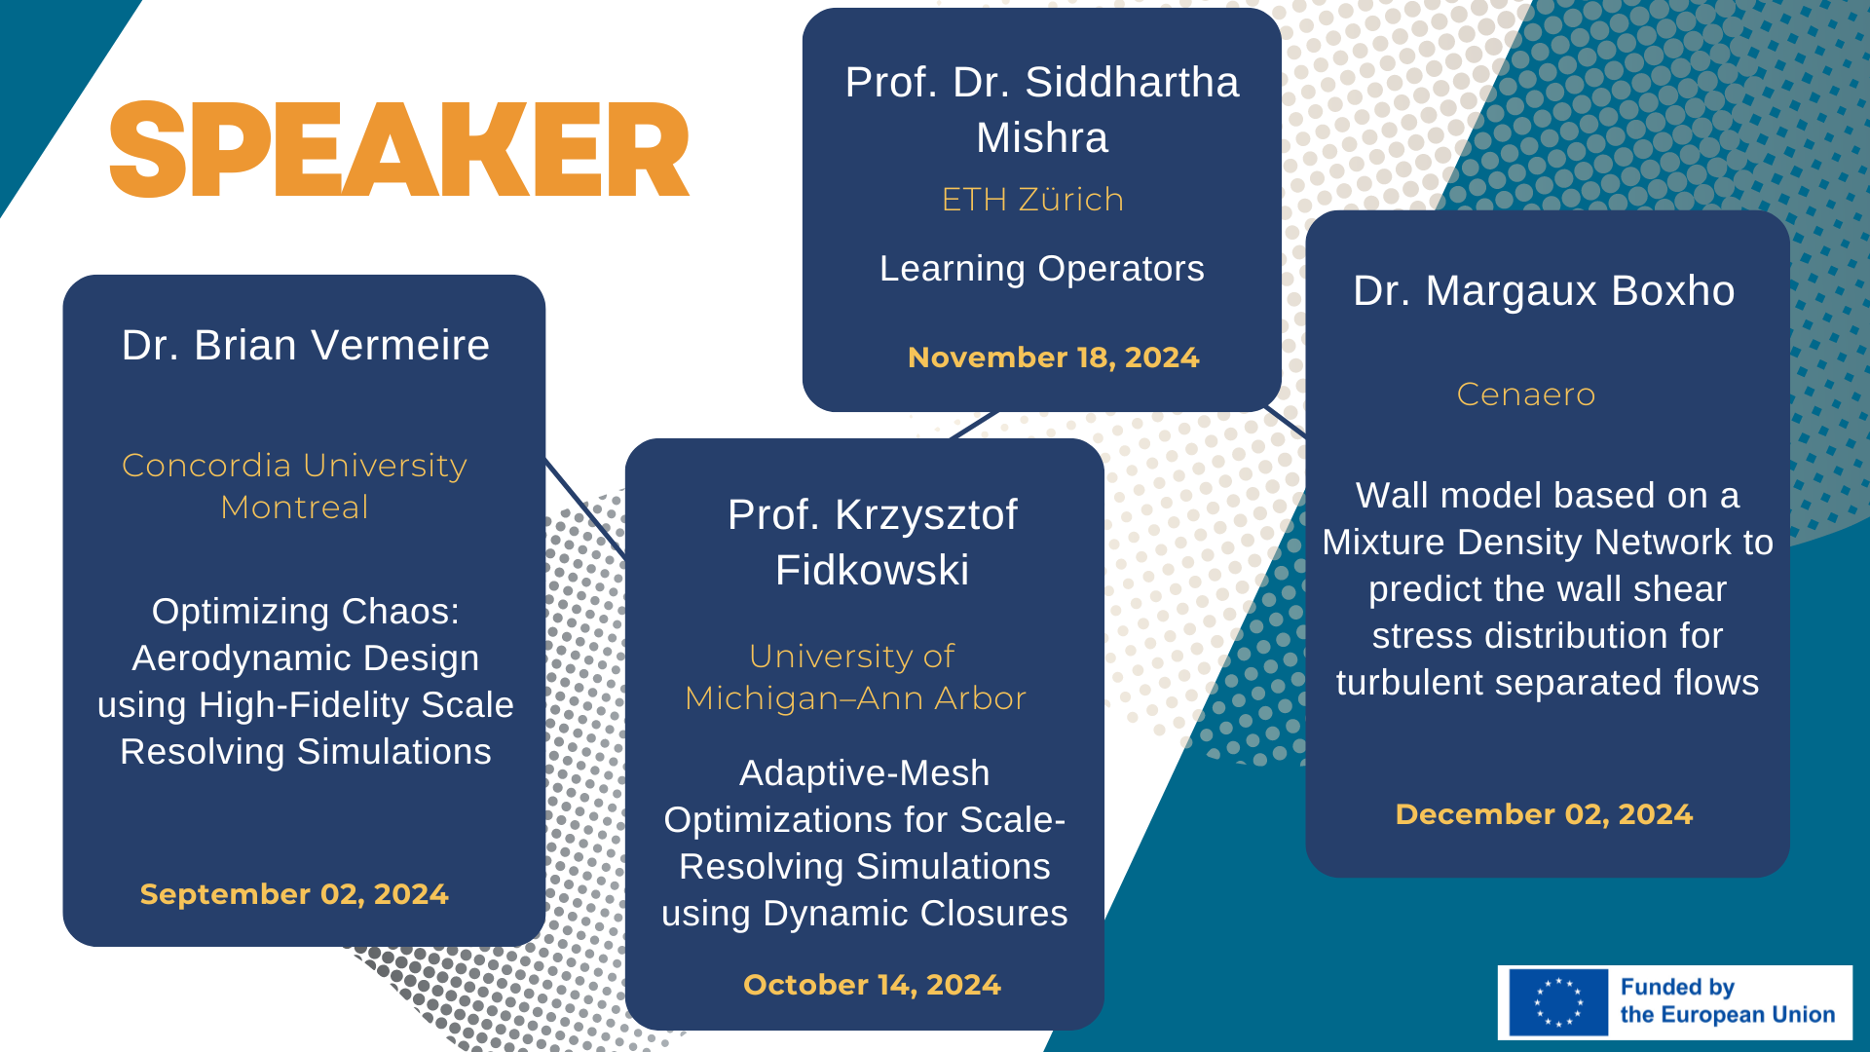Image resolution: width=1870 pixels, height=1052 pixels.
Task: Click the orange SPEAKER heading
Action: coord(399,149)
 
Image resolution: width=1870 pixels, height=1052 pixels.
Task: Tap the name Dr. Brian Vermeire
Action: coord(306,346)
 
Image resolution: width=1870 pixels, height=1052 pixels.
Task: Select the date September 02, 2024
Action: coord(294,894)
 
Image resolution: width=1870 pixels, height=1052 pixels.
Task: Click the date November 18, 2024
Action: coord(1053,357)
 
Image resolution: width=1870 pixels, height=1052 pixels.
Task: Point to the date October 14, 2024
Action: coord(872,985)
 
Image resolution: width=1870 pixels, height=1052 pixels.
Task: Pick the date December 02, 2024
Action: coord(1544,814)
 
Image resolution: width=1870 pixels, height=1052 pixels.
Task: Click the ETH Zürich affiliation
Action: coord(1033,199)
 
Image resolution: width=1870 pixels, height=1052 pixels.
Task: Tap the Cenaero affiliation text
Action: coord(1526,394)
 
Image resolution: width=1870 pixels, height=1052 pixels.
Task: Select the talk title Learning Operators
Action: coord(1042,269)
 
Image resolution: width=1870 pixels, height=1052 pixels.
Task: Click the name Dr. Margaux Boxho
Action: coord(1544,291)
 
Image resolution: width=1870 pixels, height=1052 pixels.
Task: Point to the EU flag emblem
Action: coord(1558,1002)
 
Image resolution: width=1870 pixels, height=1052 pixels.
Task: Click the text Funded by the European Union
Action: coord(1728,1001)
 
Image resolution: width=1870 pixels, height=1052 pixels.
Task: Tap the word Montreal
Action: coord(294,507)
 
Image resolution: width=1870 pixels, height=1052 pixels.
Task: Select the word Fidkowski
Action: coord(873,570)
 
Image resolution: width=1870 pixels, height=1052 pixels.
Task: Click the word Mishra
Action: coord(1042,137)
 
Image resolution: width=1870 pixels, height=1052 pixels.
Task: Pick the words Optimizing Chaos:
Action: coord(306,612)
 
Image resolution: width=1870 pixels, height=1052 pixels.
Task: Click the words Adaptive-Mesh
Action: coord(865,773)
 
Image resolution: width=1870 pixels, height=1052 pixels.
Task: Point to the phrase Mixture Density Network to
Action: coord(1548,543)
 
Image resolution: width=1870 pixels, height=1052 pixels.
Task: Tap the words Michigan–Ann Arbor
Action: coord(856,698)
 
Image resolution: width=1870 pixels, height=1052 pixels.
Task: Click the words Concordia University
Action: coord(294,466)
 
